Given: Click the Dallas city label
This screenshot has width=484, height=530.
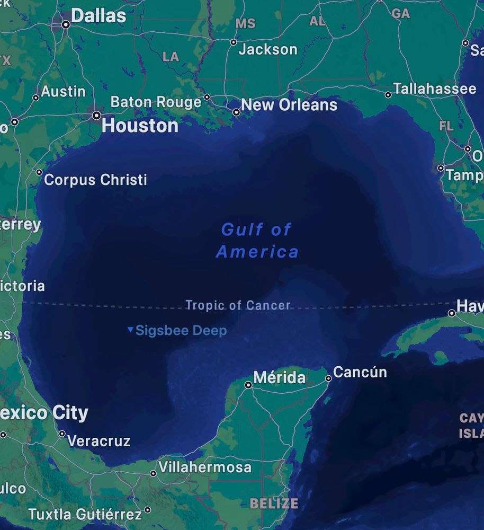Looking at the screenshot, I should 98,16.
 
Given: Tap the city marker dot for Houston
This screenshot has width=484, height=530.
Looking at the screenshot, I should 96,115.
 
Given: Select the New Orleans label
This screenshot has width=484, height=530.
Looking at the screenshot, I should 289,105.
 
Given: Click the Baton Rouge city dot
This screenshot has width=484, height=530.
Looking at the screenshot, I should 207,97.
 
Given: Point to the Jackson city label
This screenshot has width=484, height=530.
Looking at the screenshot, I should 267,50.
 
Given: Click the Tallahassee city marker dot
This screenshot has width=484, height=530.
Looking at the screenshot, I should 388,95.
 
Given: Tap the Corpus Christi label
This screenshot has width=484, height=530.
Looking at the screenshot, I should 95,180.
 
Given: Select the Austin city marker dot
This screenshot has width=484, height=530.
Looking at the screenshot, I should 36,98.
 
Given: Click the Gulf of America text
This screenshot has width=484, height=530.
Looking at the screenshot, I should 257,240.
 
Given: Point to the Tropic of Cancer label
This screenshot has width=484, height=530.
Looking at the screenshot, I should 238,305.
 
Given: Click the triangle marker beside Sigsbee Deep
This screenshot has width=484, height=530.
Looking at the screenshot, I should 130,330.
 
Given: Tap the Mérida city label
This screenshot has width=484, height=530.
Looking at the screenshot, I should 280,377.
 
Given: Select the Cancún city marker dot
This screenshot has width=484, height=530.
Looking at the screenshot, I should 328,378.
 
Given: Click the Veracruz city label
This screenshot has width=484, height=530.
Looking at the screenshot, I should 98,440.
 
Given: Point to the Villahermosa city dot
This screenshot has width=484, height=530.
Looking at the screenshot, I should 153,473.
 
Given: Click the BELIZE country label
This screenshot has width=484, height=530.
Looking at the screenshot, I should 274,503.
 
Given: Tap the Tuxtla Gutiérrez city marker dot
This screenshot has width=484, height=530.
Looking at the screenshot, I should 147,510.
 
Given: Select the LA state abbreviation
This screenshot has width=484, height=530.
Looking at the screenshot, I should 171,57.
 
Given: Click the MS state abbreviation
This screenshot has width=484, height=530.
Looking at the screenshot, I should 245,24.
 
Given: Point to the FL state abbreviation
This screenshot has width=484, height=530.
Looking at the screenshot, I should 446,126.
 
